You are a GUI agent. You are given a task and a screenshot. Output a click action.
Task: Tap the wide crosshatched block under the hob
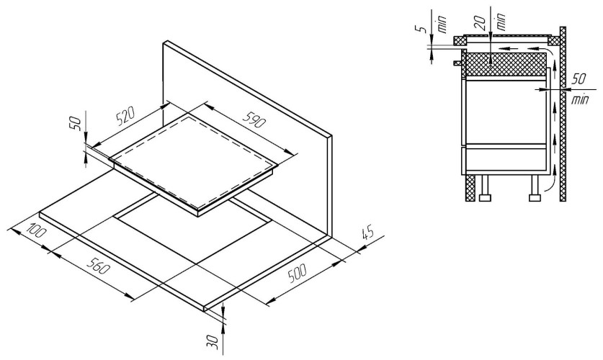(504, 66)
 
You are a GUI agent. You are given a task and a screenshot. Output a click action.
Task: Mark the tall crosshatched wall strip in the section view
(563, 115)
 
